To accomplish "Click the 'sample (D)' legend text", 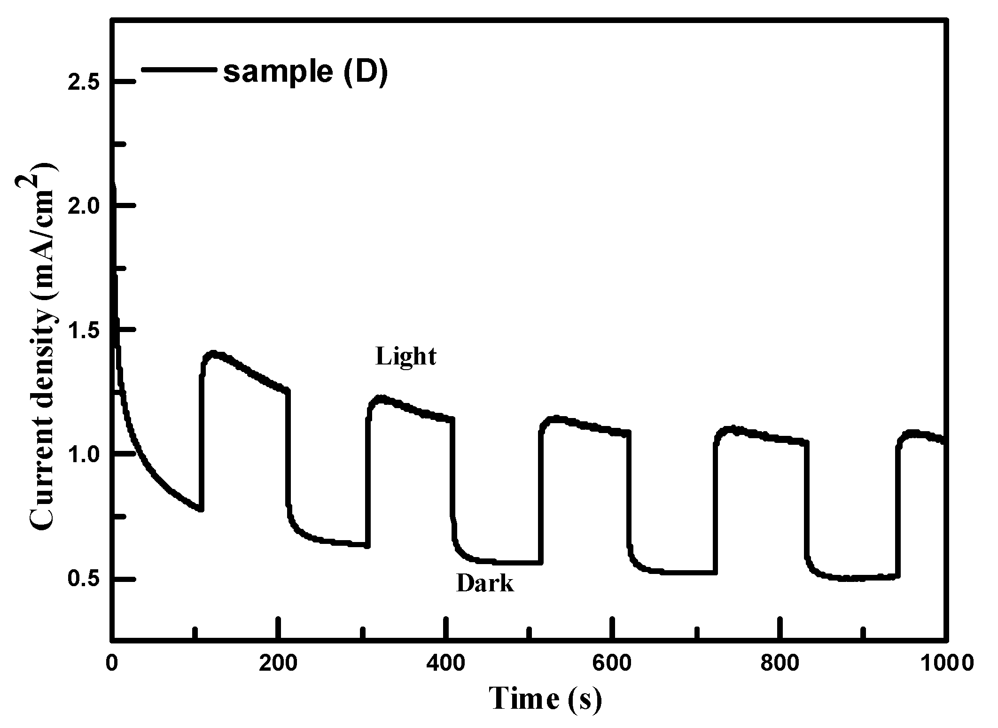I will point(305,72).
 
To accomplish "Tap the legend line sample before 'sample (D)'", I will point(179,70).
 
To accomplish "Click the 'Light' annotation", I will point(406,356).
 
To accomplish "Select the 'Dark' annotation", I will point(485,584).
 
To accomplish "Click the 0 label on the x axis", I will point(112,663).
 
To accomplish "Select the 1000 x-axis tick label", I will point(944,663).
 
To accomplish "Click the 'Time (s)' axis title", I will point(545,698).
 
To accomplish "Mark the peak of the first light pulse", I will point(213,353).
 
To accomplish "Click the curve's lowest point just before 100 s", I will point(201,509).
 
